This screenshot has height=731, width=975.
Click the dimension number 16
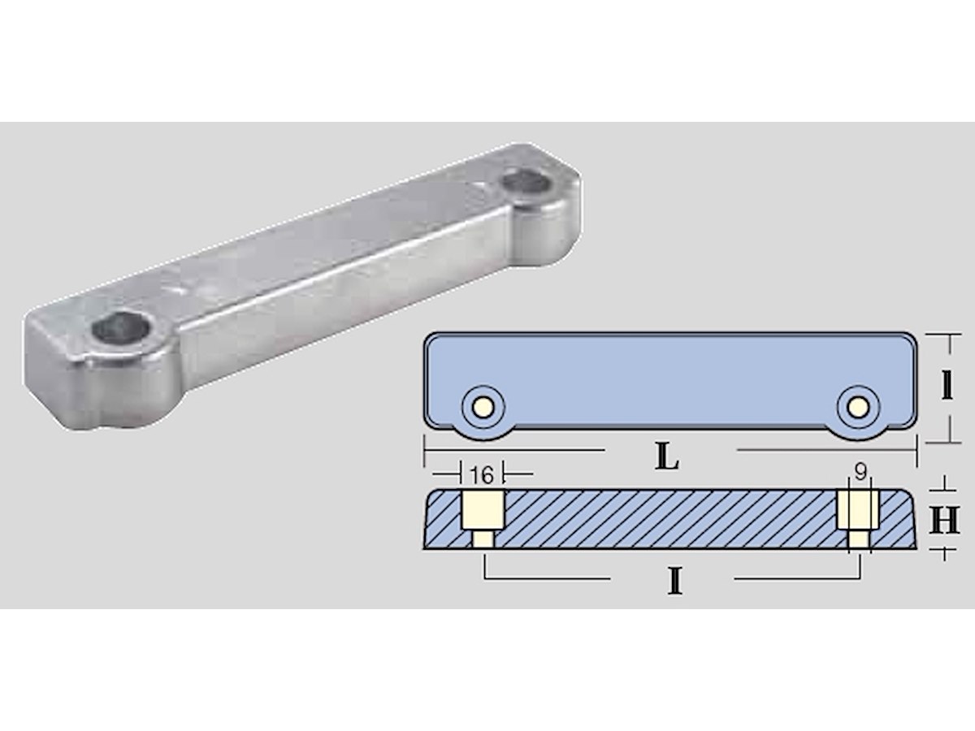tap(482, 476)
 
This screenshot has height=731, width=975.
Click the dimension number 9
tap(860, 472)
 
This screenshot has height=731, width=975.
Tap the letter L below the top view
tap(667, 457)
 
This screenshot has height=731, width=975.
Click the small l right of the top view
tap(947, 386)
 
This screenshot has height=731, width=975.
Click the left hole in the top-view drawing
tap(483, 407)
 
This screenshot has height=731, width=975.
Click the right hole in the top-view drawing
tap(858, 407)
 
